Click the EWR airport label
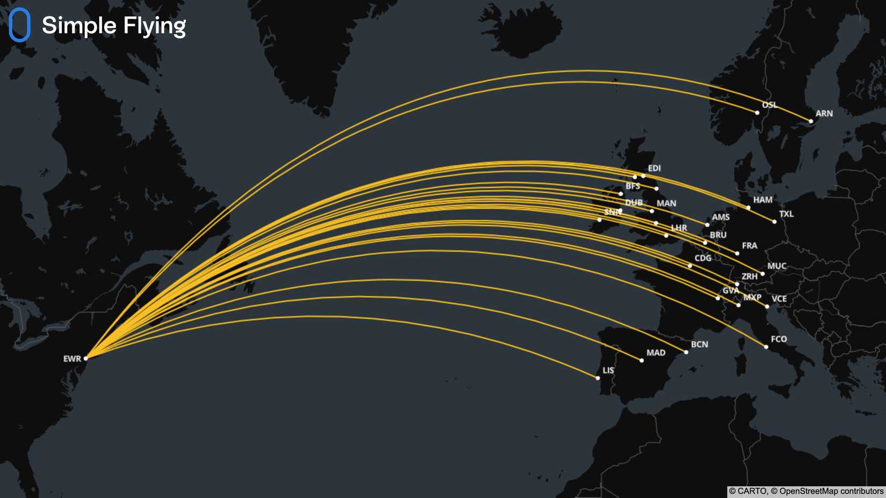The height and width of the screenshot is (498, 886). pyautogui.click(x=72, y=358)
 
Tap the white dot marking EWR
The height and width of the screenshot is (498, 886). pyautogui.click(x=86, y=358)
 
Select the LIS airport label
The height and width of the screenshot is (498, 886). pyautogui.click(x=608, y=370)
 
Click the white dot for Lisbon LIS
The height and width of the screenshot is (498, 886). pyautogui.click(x=598, y=378)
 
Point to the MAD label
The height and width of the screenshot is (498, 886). pyautogui.click(x=656, y=353)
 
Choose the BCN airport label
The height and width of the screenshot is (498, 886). pyautogui.click(x=699, y=344)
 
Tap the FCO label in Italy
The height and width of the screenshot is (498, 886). pyautogui.click(x=779, y=339)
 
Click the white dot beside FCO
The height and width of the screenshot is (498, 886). pyautogui.click(x=766, y=347)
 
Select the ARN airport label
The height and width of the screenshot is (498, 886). pyautogui.click(x=824, y=113)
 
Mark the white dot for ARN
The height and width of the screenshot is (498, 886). pyautogui.click(x=811, y=121)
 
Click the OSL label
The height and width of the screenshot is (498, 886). pyautogui.click(x=769, y=105)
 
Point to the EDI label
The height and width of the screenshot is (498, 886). pyautogui.click(x=654, y=168)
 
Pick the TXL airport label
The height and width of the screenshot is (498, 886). pyautogui.click(x=786, y=214)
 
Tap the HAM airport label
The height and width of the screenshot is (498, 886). pyautogui.click(x=762, y=200)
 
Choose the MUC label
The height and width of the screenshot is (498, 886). pyautogui.click(x=776, y=266)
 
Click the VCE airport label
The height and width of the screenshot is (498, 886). pyautogui.click(x=779, y=298)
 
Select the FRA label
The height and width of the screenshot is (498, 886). pyautogui.click(x=749, y=245)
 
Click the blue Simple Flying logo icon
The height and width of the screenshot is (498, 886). pyautogui.click(x=19, y=25)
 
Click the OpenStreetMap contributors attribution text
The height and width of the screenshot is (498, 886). pyautogui.click(x=831, y=491)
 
